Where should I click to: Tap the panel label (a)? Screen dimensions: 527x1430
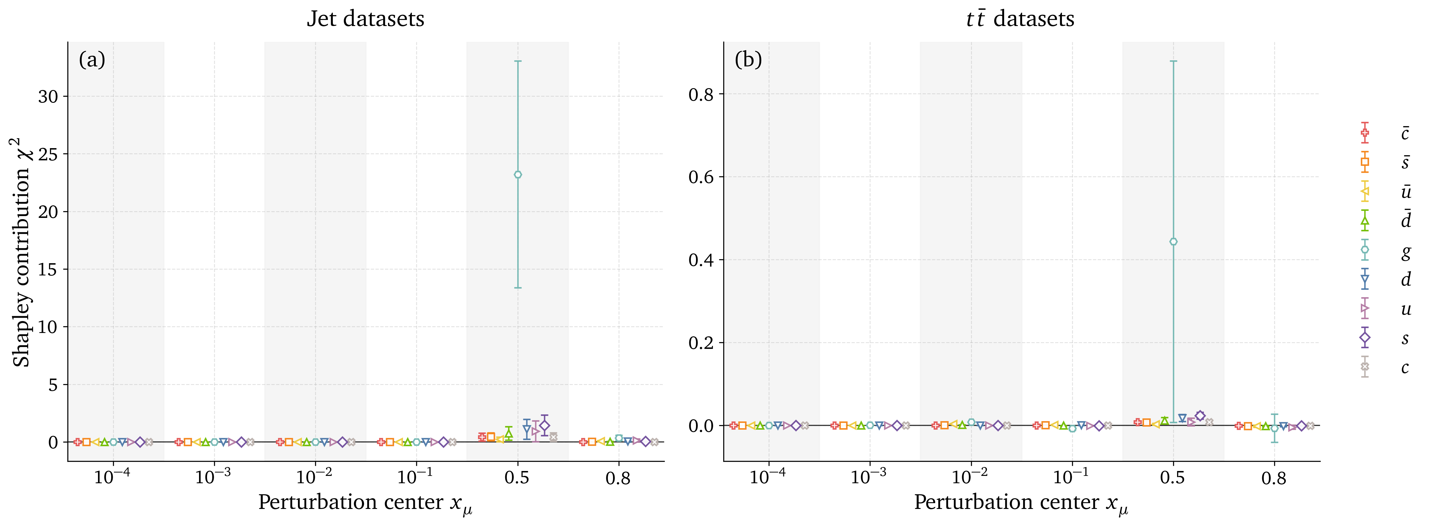92,59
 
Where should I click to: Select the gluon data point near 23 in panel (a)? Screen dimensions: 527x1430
518,175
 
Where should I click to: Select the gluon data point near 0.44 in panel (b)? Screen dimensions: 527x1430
1173,242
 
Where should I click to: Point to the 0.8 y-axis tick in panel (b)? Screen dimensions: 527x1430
701,94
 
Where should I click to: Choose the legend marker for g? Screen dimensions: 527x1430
1364,250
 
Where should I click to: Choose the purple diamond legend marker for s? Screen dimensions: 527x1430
1364,337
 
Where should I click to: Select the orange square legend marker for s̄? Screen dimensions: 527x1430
1364,162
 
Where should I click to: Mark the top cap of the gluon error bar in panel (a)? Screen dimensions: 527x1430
518,61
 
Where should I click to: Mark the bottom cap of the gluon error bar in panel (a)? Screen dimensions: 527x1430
518,287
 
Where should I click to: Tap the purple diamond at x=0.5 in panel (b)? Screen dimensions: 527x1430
1200,416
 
